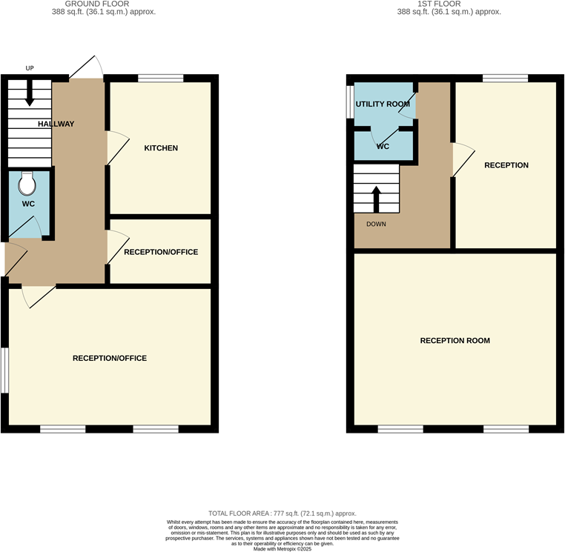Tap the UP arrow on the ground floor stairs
coord(30,93)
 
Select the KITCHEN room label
coord(161,148)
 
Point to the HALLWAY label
coord(56,124)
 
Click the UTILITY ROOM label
coord(383,104)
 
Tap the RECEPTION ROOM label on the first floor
coord(455,341)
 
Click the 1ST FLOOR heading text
coord(449,4)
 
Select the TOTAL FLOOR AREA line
coord(282,513)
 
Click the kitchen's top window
coord(161,78)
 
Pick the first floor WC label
coord(383,147)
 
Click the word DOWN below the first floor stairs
coord(375,224)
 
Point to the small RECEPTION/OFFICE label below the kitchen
coord(161,252)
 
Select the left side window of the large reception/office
coord(4,370)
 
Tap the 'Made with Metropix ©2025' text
coord(282,549)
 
